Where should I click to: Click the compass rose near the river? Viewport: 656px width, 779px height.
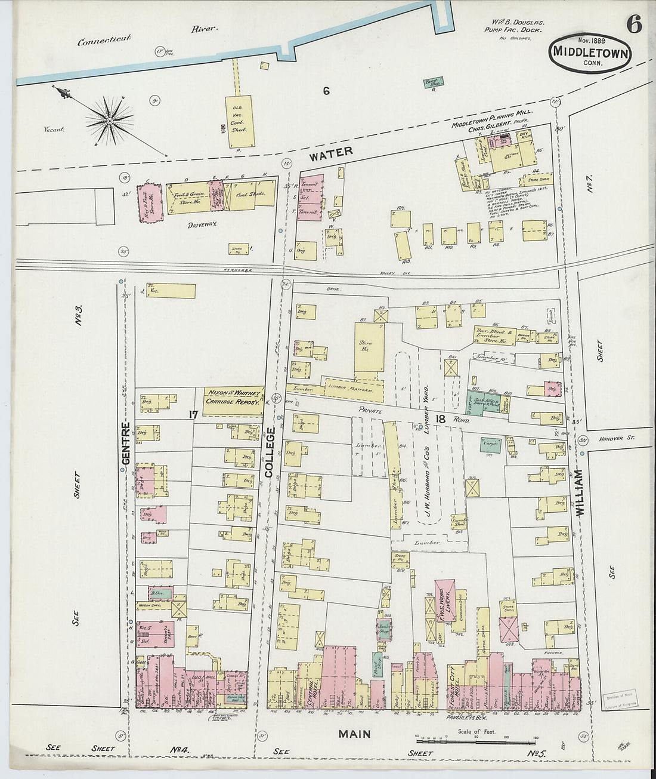tap(110, 121)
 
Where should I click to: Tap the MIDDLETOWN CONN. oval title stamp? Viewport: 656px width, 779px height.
tap(590, 53)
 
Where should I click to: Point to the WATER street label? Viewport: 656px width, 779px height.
tap(331, 153)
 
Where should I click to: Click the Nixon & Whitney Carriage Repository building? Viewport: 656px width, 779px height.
tap(233, 398)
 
